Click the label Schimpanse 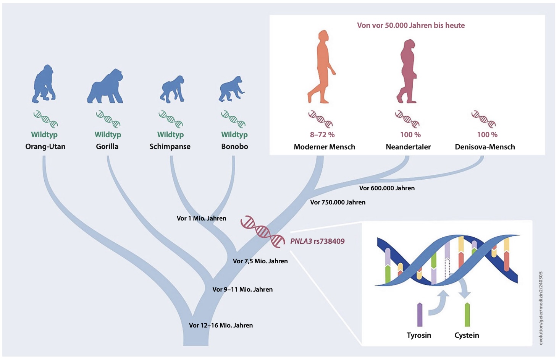pos(170,146)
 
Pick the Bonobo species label pos(234,146)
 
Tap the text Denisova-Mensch pos(485,147)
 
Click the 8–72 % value pos(322,135)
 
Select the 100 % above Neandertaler pos(410,135)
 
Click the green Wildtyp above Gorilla pos(108,135)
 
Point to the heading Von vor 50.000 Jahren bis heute pos(411,25)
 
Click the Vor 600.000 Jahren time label pos(387,188)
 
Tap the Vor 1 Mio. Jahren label pos(201,218)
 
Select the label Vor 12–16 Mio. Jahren pos(221,325)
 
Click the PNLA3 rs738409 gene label pos(317,241)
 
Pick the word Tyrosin pos(419,335)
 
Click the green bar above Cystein pos(467,315)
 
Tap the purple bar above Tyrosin pos(420,315)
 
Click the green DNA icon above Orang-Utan pos(46,119)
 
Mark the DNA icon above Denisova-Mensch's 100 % pos(484,119)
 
